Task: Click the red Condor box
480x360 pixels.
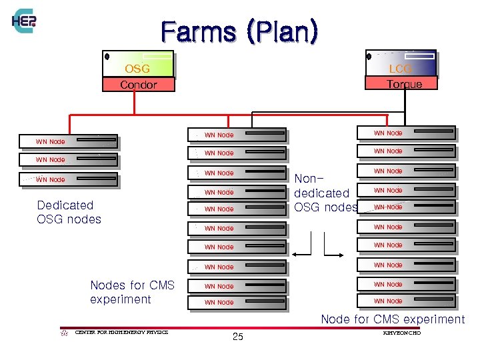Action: (138, 85)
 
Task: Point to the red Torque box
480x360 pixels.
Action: (403, 83)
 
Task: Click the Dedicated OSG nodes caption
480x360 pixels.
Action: (69, 212)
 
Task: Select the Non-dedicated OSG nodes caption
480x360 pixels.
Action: (325, 193)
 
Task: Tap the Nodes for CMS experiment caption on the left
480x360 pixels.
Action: (132, 292)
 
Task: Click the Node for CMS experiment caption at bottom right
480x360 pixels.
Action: (393, 319)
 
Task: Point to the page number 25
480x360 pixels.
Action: (238, 337)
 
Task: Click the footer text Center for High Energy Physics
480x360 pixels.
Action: (121, 331)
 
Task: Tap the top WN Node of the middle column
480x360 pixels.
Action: (236, 135)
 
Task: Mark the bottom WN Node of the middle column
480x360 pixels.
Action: (236, 302)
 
